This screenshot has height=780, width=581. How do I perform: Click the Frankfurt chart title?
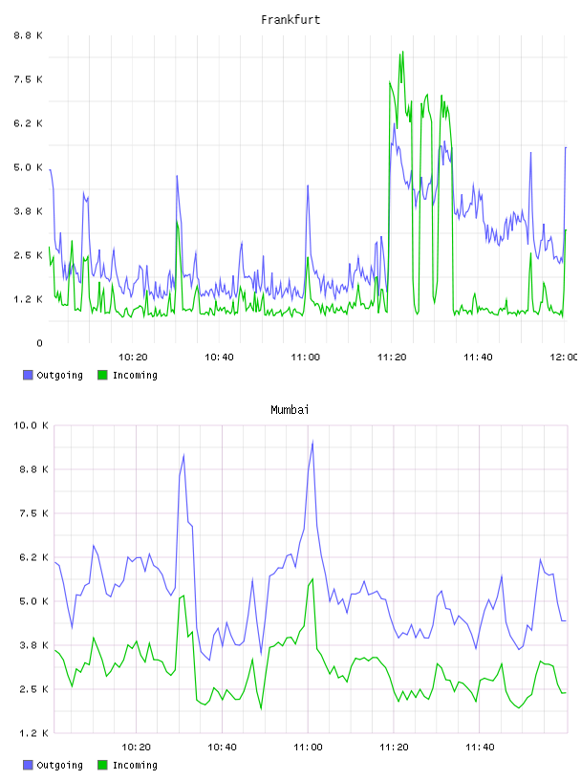click(290, 20)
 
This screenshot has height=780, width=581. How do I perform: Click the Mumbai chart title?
click(290, 410)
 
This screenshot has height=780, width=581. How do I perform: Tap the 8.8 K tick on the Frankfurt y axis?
click(28, 35)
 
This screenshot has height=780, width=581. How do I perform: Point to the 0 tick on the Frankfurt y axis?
click(39, 343)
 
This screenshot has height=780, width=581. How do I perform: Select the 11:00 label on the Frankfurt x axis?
click(306, 357)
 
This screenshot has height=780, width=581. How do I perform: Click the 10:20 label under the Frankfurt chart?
click(133, 357)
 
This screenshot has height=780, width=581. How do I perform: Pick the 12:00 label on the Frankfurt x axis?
click(564, 357)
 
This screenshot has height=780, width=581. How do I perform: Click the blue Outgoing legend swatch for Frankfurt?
click(28, 375)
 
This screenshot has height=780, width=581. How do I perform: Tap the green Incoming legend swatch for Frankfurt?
click(102, 375)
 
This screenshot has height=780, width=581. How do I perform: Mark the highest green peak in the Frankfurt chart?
click(402, 52)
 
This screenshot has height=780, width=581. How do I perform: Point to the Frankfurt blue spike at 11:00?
click(308, 186)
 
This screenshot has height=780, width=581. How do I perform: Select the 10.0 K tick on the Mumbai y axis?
click(31, 425)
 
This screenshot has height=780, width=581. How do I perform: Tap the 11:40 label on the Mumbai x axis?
click(480, 747)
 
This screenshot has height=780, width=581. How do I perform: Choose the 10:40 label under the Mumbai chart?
click(222, 747)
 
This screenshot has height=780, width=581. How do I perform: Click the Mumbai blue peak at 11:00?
click(312, 442)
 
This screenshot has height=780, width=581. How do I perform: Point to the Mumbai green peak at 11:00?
click(312, 579)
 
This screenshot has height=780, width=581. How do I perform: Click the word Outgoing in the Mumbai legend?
click(59, 765)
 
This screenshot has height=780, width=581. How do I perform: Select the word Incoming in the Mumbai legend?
click(135, 765)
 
